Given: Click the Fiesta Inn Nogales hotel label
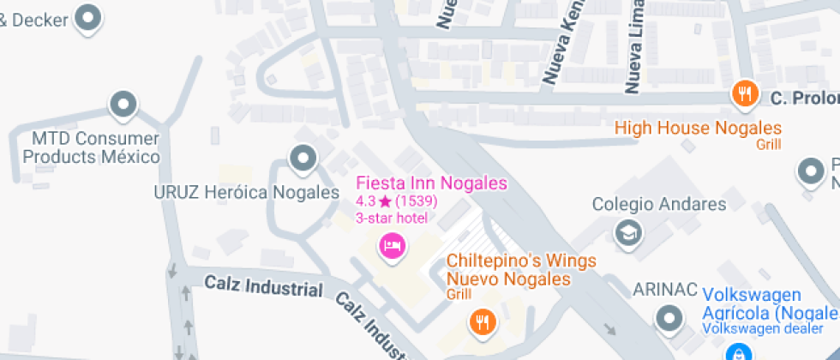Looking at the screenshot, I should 431,183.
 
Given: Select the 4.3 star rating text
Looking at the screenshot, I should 397,201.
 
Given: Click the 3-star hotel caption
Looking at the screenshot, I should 391,218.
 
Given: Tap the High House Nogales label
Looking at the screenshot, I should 699,129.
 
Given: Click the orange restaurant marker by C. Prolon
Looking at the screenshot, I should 745,94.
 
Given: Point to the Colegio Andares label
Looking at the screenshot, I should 659,204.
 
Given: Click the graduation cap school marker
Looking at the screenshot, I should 629,231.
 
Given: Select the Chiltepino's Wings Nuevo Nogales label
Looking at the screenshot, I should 508,270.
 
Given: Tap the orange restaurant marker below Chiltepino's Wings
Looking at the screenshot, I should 482,322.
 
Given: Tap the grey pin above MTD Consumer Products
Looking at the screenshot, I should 124,105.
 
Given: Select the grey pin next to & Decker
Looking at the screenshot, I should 89,16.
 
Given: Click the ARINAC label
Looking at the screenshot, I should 662,289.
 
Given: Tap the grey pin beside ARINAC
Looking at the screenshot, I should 669,321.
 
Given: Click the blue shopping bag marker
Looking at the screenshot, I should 737,352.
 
